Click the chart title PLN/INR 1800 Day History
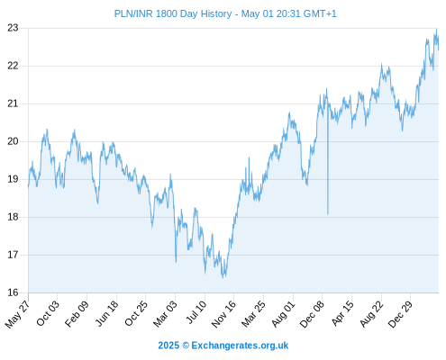[173, 13]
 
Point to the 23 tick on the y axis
[13, 28]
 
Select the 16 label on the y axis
[13, 292]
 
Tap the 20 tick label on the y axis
[13, 141]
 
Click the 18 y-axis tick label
[13, 217]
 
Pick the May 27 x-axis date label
[17, 314]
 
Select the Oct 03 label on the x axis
[48, 313]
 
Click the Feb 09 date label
[77, 313]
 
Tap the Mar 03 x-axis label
[165, 313]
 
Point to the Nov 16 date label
[223, 314]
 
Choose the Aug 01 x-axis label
[283, 314]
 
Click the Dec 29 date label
[400, 314]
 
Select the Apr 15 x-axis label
[342, 313]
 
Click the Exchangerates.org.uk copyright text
[240, 346]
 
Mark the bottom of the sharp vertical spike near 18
[328, 214]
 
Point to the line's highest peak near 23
[436, 30]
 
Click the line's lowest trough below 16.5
[223, 277]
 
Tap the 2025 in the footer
[168, 346]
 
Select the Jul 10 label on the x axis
[197, 312]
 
